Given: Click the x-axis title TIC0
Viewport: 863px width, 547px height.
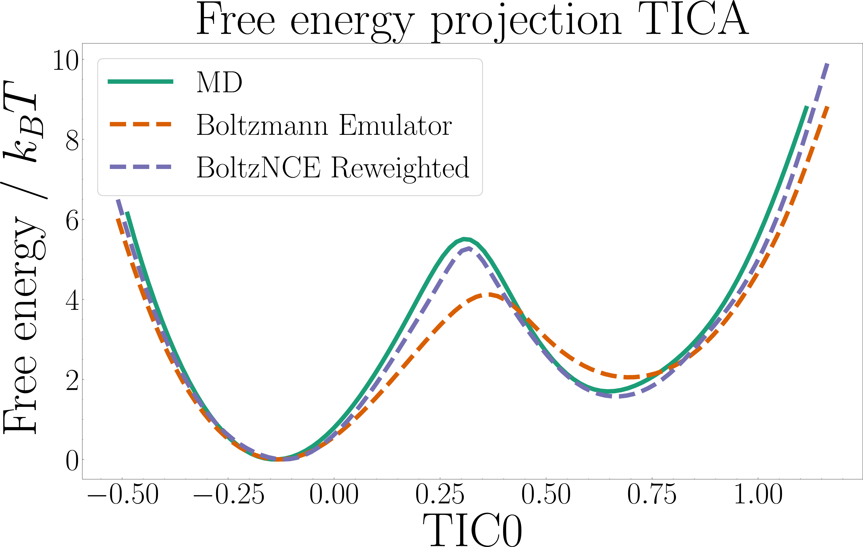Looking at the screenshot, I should point(472,529).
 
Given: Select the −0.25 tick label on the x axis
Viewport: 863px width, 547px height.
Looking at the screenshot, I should point(229,494).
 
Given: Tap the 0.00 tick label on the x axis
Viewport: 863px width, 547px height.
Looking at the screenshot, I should point(334,494).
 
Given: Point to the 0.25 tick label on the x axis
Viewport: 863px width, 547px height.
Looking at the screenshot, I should point(440,494).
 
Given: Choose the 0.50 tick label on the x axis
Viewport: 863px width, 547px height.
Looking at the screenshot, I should point(546,494).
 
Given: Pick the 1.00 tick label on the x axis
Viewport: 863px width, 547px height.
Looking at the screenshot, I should point(758,494).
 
